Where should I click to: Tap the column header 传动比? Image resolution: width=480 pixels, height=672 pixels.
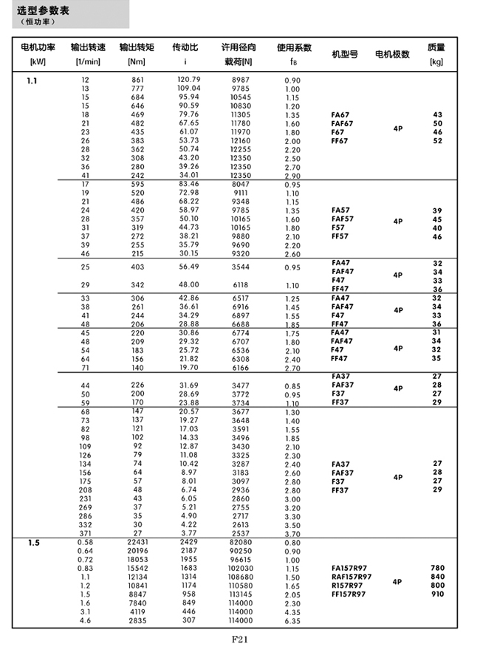(x=185, y=47)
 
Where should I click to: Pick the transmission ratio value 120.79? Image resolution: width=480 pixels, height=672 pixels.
(x=189, y=79)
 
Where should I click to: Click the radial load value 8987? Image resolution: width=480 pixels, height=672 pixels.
(x=241, y=79)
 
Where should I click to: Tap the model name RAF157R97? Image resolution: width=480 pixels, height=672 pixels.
(x=352, y=577)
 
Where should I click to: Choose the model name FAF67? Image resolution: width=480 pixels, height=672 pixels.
(x=343, y=123)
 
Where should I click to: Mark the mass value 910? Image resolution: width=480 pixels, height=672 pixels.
(x=437, y=594)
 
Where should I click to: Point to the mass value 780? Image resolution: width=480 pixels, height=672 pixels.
(x=437, y=568)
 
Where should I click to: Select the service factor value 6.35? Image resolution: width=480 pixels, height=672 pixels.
(x=292, y=621)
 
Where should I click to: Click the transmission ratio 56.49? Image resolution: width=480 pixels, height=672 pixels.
(x=189, y=267)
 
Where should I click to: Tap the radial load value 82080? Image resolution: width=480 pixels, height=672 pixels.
(x=241, y=543)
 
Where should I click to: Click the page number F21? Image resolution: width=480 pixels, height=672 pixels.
(x=241, y=640)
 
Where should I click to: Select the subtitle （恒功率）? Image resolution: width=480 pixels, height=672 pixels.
(x=37, y=21)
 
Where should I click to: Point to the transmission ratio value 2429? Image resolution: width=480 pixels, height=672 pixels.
(x=189, y=543)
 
